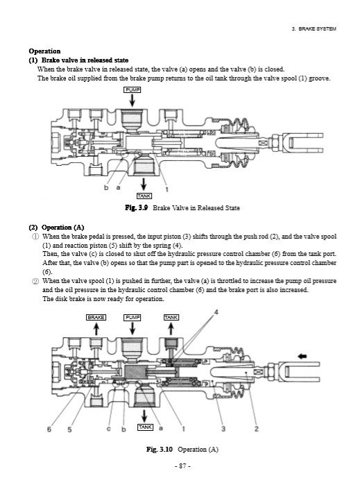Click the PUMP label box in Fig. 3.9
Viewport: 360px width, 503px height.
pos(132,89)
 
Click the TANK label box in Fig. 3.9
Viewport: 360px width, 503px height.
pos(144,196)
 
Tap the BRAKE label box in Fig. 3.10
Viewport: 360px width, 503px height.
pos(96,317)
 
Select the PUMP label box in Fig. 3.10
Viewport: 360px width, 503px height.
pos(132,317)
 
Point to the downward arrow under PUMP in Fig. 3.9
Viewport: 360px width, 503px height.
pos(132,101)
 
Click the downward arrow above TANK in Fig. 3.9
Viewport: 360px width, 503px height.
pos(144,184)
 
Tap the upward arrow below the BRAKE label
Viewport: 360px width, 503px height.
pos(96,329)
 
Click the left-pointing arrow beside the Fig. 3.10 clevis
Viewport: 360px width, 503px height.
pos(302,356)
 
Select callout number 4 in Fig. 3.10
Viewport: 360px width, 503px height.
pos(216,312)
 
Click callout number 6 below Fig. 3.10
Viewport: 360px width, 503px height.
pos(49,429)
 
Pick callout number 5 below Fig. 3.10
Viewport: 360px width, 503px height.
pos(69,429)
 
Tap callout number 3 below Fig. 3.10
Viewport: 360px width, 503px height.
pos(223,429)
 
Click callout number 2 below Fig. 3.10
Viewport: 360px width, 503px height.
pos(257,429)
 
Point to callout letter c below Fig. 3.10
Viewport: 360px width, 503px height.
pos(109,429)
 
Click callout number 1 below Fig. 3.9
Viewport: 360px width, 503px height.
pos(166,189)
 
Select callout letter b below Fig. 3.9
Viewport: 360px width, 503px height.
pos(106,187)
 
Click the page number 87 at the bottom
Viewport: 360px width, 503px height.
pos(182,466)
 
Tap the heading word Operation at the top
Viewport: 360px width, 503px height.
pos(44,51)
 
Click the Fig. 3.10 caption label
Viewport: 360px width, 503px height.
pos(160,449)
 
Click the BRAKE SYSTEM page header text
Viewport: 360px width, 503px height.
pos(314,29)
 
